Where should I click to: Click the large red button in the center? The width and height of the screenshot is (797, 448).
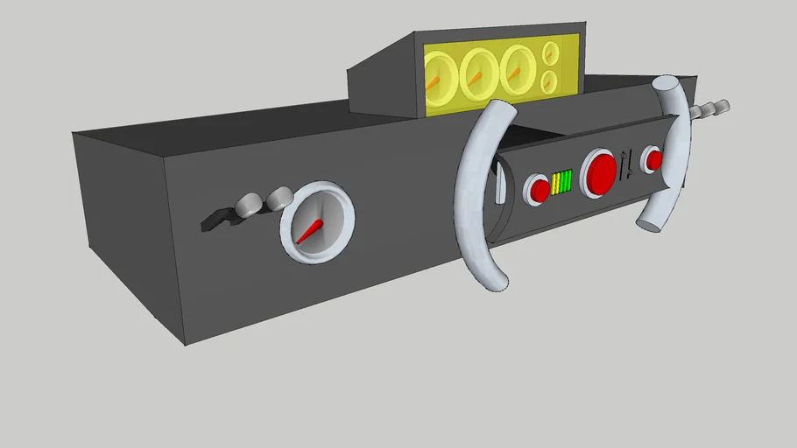(x=601, y=172)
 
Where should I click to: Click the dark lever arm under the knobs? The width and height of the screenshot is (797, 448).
(x=215, y=220)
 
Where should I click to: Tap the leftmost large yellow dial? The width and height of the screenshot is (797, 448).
(x=438, y=75)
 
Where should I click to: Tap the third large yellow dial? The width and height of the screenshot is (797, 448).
(x=518, y=70)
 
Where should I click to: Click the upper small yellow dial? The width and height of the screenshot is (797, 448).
(x=551, y=53)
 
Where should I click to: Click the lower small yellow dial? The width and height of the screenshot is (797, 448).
(x=551, y=82)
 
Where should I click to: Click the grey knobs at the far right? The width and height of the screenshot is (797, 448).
(x=710, y=109)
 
